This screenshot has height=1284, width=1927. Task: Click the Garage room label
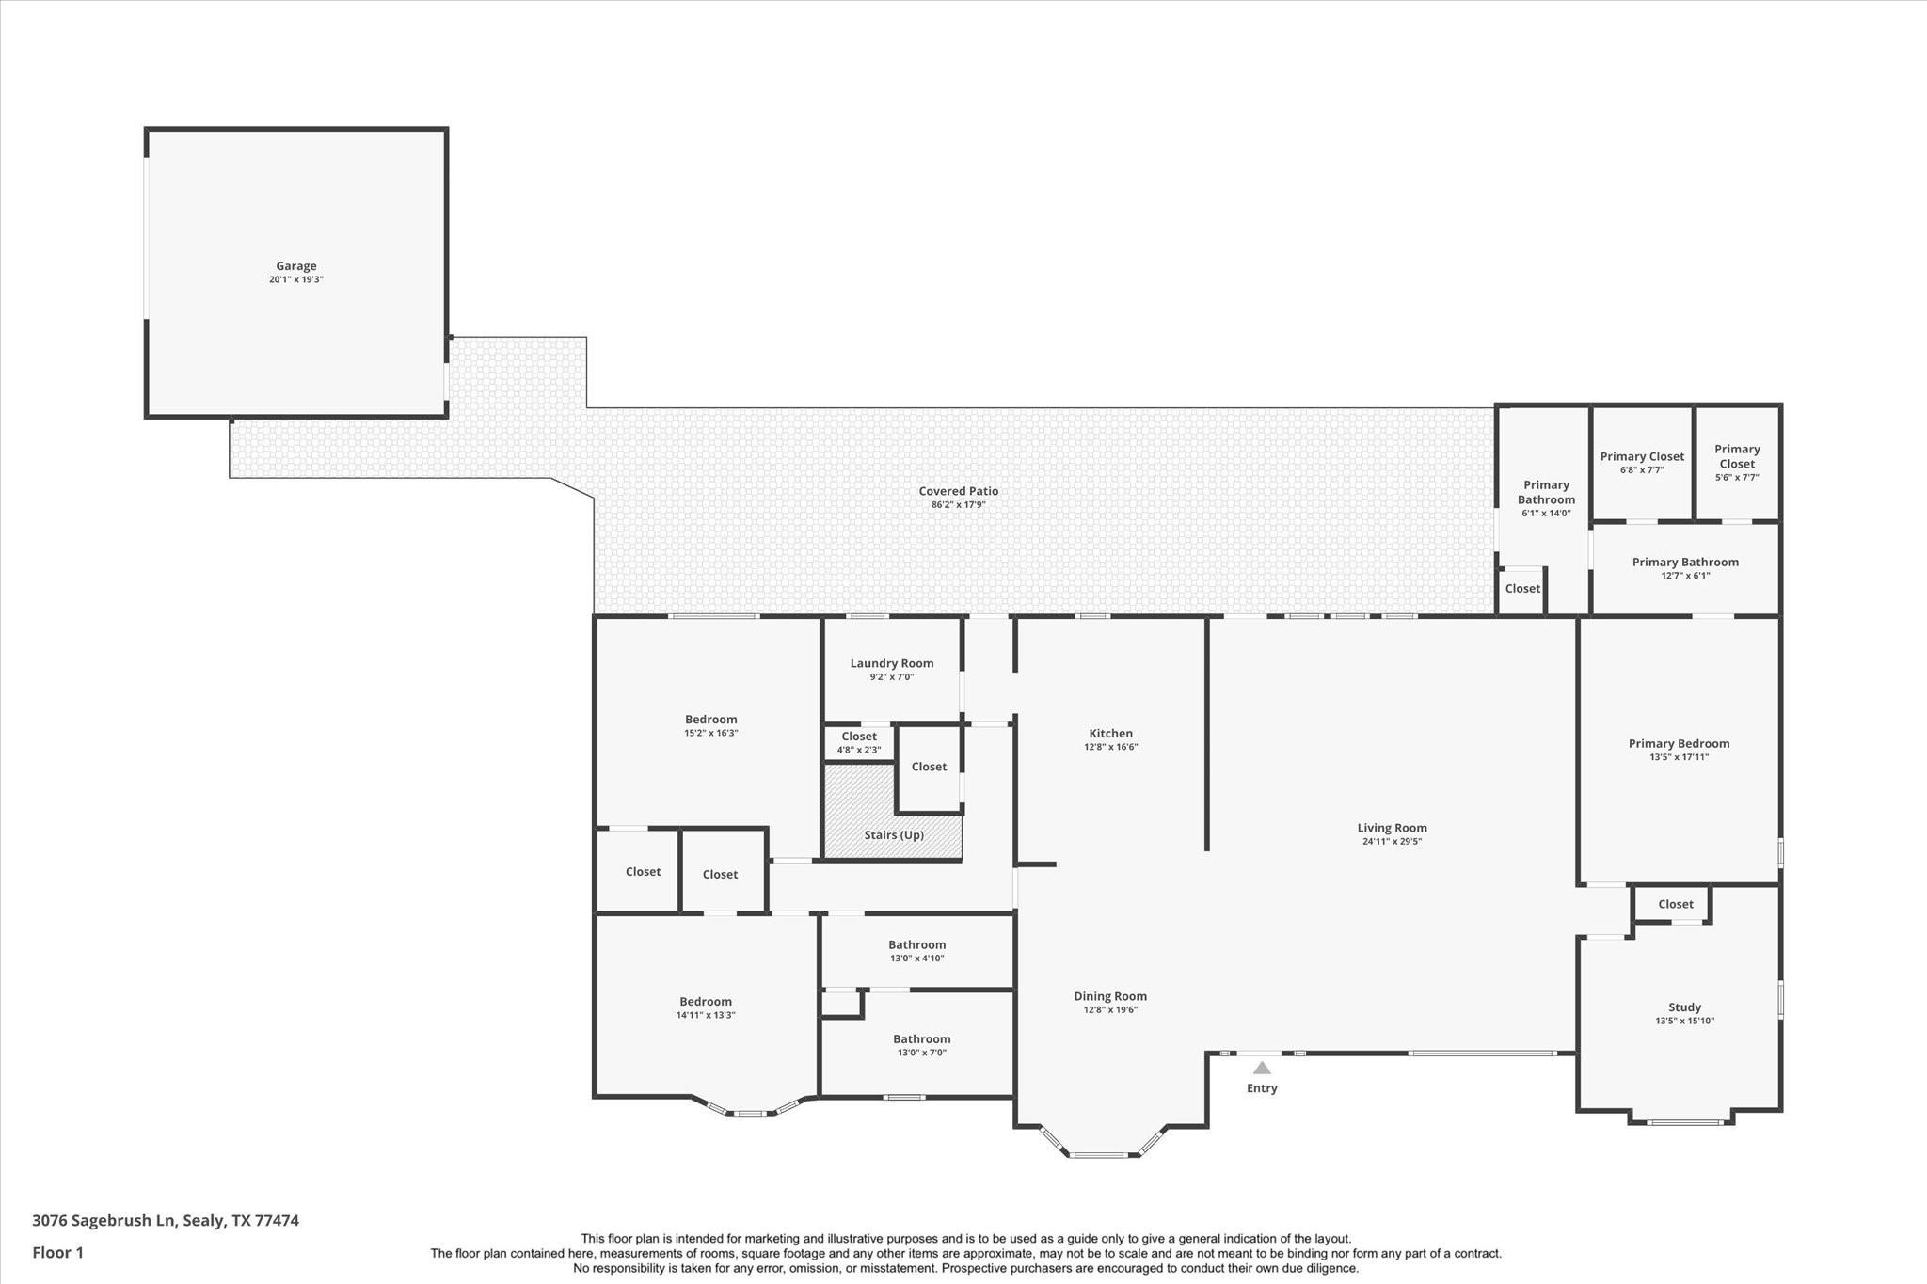click(x=296, y=266)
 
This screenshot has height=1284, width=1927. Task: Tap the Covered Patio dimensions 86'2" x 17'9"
click(x=959, y=505)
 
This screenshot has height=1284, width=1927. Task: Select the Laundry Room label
click(x=892, y=663)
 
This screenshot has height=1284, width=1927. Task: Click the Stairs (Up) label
click(x=894, y=835)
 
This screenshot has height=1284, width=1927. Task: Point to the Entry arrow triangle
click(x=1262, y=1068)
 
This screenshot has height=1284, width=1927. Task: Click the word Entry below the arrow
click(x=1262, y=1088)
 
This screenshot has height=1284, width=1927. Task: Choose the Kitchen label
click(x=1111, y=734)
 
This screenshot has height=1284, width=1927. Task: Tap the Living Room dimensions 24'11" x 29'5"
click(x=1392, y=842)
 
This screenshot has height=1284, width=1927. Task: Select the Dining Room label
click(x=1110, y=996)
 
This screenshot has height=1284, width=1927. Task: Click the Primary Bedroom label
click(x=1680, y=743)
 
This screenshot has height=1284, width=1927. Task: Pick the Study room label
click(x=1684, y=1007)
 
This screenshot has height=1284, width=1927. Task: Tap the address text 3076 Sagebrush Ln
click(x=104, y=1220)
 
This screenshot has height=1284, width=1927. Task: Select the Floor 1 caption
click(x=58, y=1252)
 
